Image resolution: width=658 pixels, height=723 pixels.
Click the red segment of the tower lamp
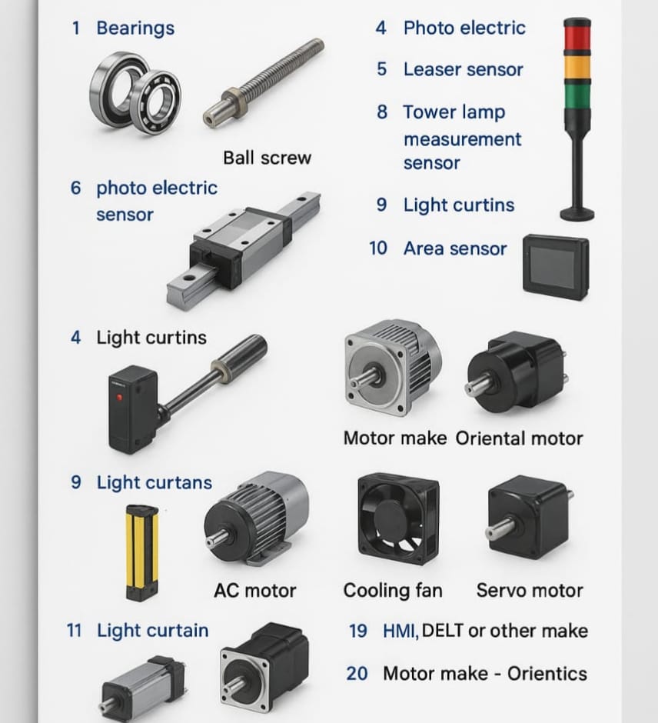[577, 38]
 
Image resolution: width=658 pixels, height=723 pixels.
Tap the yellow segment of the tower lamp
[577, 68]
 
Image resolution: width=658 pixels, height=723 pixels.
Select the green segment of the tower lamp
[577, 97]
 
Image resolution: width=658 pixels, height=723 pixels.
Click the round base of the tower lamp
[577, 214]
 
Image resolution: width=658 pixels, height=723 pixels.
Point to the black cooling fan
[398, 519]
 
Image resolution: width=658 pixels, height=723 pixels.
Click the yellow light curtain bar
[142, 552]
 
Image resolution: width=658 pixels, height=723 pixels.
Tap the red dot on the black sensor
[120, 397]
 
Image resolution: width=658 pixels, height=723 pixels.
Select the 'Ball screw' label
[268, 158]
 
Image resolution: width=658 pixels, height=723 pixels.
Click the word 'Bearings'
[135, 28]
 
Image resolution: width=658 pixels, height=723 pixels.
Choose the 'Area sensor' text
[455, 248]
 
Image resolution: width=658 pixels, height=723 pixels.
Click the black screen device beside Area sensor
[556, 268]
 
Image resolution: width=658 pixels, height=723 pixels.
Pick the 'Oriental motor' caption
[520, 438]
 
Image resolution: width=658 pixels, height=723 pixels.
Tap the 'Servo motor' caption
[530, 590]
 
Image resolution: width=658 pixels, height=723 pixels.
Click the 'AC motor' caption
[254, 591]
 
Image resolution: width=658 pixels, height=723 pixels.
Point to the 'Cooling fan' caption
[393, 590]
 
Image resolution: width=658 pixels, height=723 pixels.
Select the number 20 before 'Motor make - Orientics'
[357, 674]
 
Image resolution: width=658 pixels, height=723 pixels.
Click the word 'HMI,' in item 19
[400, 631]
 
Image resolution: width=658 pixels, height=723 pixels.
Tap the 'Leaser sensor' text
[464, 70]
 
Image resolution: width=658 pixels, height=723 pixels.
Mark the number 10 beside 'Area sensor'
[378, 248]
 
